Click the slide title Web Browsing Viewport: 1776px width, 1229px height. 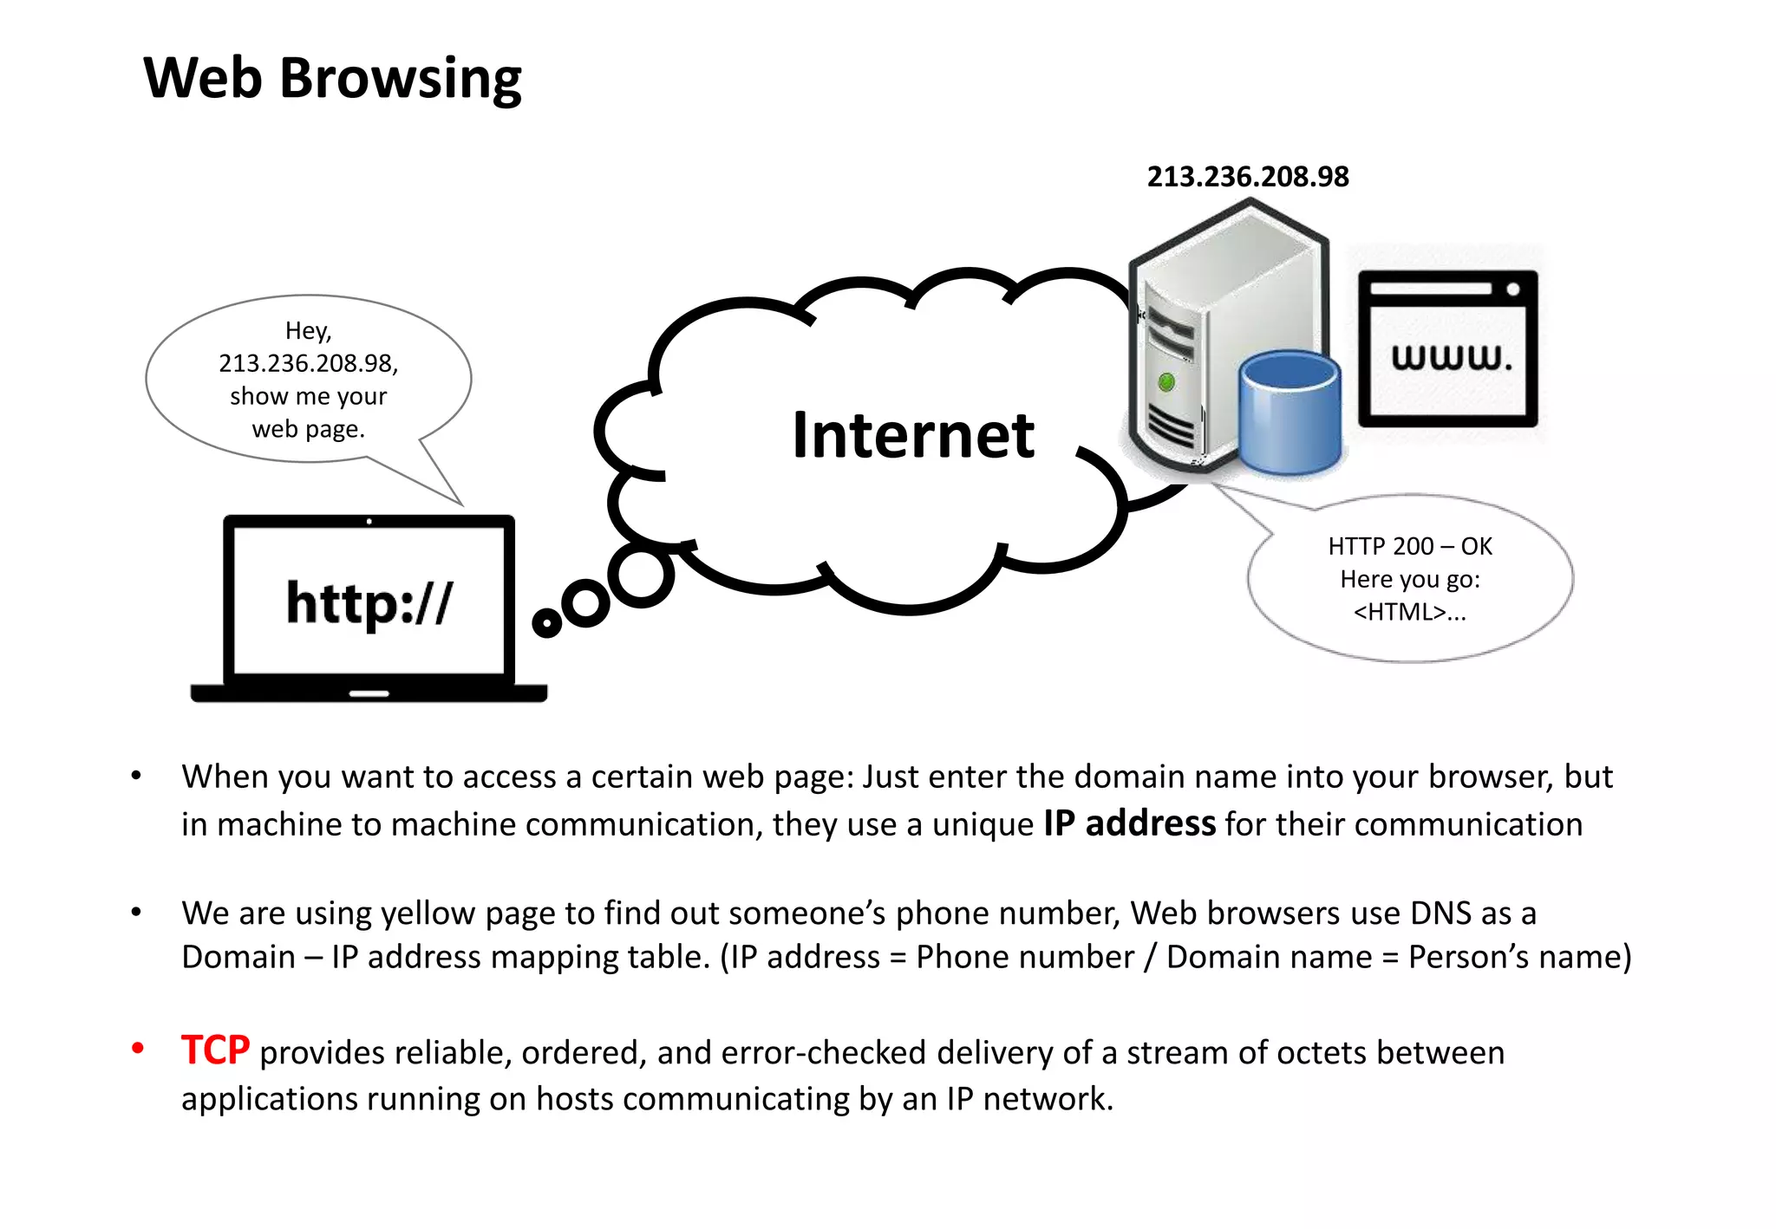pyautogui.click(x=332, y=78)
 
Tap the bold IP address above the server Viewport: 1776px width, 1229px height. pyautogui.click(x=1247, y=177)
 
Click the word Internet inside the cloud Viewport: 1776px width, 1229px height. pyautogui.click(x=912, y=435)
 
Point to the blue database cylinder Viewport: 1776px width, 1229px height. pyautogui.click(x=1289, y=412)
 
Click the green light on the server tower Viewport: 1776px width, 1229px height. pyautogui.click(x=1166, y=381)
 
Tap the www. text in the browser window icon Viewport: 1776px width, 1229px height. pyautogui.click(x=1451, y=357)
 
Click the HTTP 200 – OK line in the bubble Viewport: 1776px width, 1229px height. pyautogui.click(x=1409, y=546)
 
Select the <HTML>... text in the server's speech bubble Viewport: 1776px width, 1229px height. pyautogui.click(x=1409, y=612)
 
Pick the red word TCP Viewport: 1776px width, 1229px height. pyautogui.click(x=215, y=1050)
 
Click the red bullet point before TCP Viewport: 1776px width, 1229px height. pyautogui.click(x=137, y=1049)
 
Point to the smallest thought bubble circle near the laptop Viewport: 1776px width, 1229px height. pyautogui.click(x=546, y=622)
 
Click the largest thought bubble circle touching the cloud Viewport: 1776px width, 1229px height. pyautogui.click(x=642, y=575)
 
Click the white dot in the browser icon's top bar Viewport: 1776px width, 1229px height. pyautogui.click(x=1512, y=289)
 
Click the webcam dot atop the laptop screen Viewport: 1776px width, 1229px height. pyautogui.click(x=369, y=522)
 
